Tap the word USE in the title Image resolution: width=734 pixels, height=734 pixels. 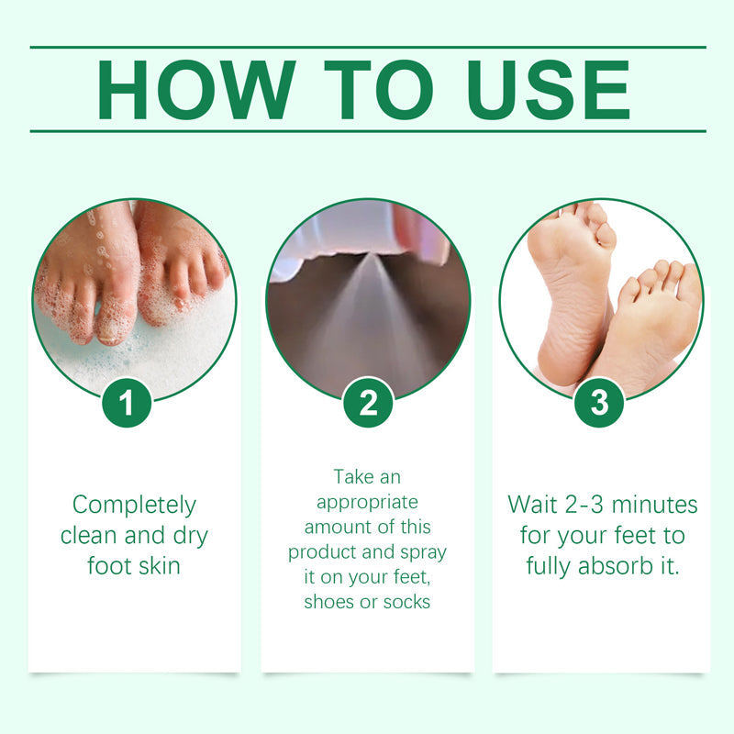pyautogui.click(x=549, y=90)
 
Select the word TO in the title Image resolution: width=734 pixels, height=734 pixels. pyautogui.click(x=379, y=90)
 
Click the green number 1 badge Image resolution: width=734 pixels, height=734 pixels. pyautogui.click(x=127, y=403)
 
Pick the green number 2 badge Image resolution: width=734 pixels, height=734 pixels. pyautogui.click(x=368, y=403)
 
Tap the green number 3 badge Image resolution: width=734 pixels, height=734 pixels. pyautogui.click(x=599, y=403)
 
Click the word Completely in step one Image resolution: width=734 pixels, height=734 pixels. pyautogui.click(x=134, y=506)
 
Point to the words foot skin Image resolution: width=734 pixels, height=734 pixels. pyautogui.click(x=134, y=565)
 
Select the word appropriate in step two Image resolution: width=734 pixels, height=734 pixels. pyautogui.click(x=368, y=503)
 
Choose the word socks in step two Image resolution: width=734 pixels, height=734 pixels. pyautogui.click(x=406, y=602)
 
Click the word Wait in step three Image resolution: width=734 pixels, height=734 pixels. pyautogui.click(x=533, y=505)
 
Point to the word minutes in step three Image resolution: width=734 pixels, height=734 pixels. pyautogui.click(x=654, y=505)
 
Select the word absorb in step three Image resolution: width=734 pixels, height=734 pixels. pyautogui.click(x=616, y=565)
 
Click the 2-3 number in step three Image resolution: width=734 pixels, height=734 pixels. pyautogui.click(x=585, y=505)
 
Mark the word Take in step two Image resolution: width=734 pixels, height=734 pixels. pyautogui.click(x=353, y=477)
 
